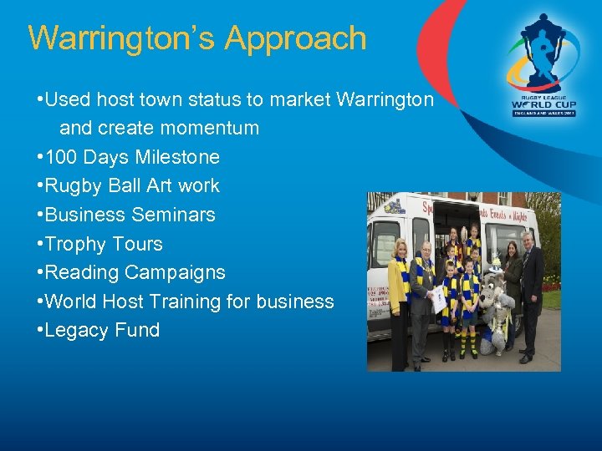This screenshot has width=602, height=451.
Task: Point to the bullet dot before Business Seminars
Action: tap(39, 215)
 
